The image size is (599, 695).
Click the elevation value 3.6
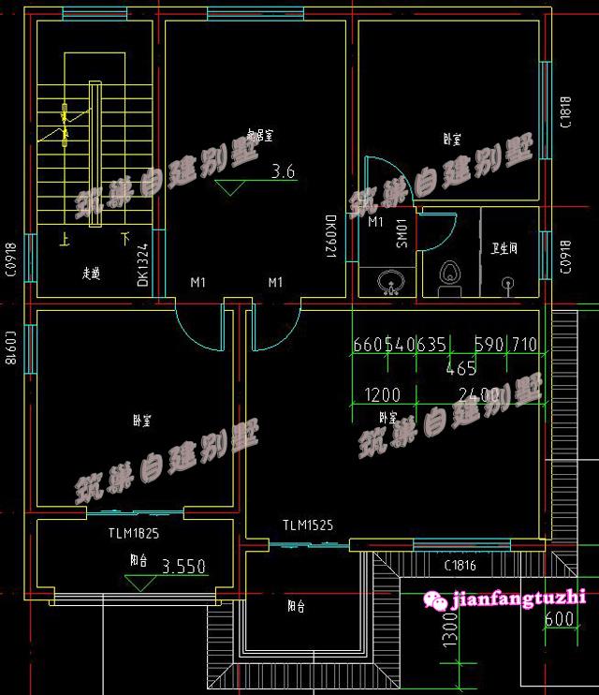[283, 171]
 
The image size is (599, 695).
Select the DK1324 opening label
[143, 265]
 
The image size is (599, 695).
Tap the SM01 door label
[401, 232]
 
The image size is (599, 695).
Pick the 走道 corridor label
[91, 274]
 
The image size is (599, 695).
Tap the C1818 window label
[564, 111]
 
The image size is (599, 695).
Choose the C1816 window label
[460, 565]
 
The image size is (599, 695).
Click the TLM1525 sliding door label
[308, 525]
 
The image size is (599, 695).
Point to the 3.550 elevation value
[183, 567]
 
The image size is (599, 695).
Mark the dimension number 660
[368, 345]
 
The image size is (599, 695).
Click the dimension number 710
[523, 345]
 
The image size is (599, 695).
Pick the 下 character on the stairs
[125, 240]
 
